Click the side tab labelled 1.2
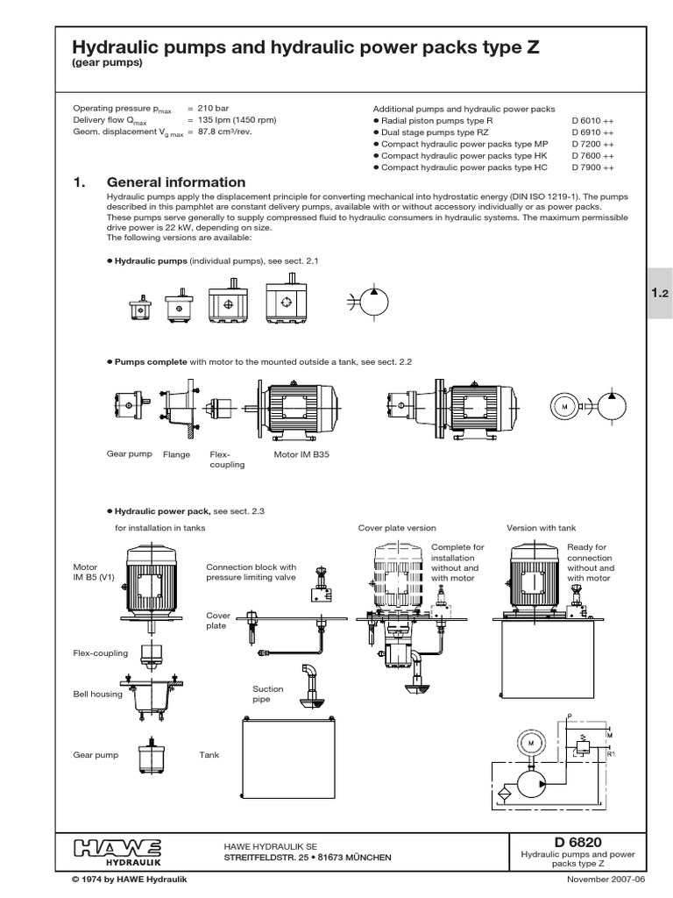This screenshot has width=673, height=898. point(659,296)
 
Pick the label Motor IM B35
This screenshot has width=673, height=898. point(297,454)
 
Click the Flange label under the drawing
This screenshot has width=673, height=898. point(176,454)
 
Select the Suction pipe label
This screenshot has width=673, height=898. point(268,695)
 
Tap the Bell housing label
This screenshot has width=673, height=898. point(96,694)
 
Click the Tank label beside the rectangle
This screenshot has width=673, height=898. point(209,753)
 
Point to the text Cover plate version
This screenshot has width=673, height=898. point(396,528)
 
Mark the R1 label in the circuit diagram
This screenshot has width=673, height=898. point(611,752)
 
